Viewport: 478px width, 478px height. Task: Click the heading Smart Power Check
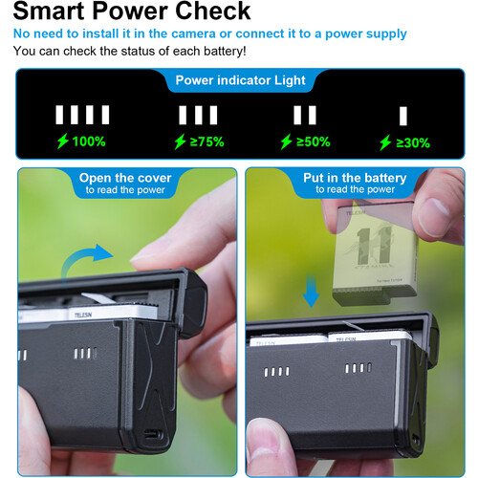tap(133, 12)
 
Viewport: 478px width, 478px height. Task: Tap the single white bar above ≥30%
tap(403, 116)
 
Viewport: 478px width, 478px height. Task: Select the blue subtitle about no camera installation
tap(210, 34)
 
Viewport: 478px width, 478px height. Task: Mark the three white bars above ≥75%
tap(198, 116)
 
